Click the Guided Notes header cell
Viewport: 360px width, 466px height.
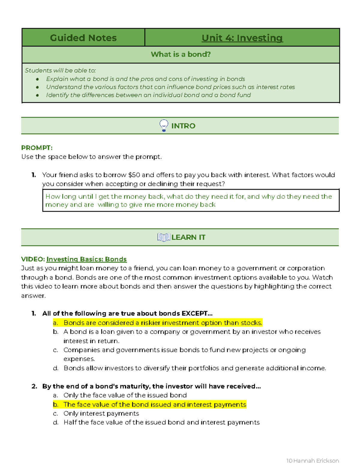[x=83, y=38]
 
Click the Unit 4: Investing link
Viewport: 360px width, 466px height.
[x=242, y=38]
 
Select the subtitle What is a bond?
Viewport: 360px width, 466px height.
[x=181, y=54]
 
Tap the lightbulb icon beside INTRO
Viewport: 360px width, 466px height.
[x=164, y=125]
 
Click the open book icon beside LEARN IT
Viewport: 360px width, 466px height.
[x=163, y=237]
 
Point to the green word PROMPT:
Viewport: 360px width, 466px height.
[x=37, y=148]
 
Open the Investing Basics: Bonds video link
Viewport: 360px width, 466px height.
[x=86, y=259]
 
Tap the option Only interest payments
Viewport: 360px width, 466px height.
[x=101, y=413]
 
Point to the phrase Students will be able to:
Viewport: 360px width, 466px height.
[x=60, y=71]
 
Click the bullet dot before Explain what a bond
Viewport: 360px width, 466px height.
[x=37, y=79]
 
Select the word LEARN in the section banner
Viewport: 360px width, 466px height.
[x=184, y=237]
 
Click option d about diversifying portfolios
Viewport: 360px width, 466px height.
[x=194, y=368]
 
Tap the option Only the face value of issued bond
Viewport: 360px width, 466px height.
[x=125, y=395]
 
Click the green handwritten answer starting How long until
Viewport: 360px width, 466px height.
[x=188, y=200]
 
